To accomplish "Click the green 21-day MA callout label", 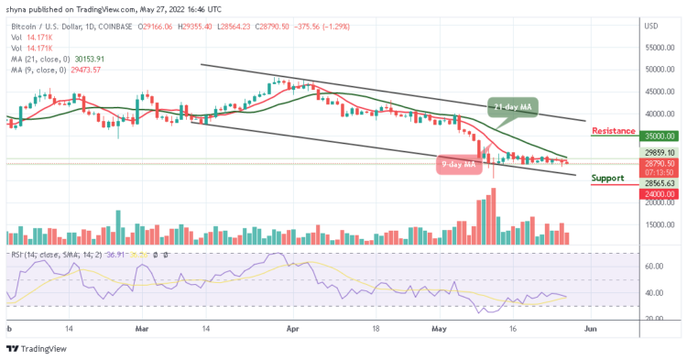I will click(513, 106).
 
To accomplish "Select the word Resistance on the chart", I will click(614, 131).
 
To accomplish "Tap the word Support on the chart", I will click(607, 178).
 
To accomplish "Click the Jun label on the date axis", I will click(592, 326).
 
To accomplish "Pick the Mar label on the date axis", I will click(142, 326).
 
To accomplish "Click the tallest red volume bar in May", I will click(493, 217).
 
